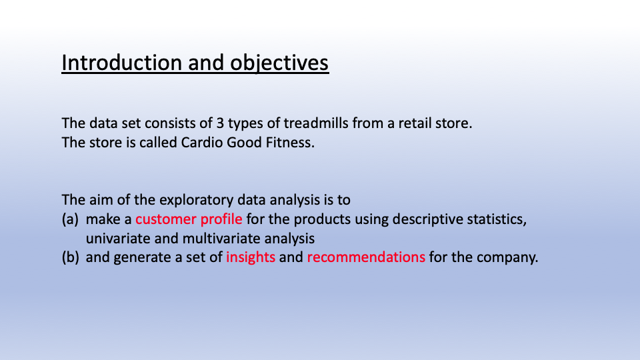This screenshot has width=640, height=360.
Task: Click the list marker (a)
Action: (x=71, y=219)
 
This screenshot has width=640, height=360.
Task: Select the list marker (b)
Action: (x=71, y=257)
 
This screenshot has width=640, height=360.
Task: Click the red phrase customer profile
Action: (x=189, y=219)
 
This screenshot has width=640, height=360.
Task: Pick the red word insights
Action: (x=251, y=257)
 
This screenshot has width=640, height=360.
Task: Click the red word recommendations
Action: (x=365, y=257)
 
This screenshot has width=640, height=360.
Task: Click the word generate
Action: (x=139, y=257)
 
